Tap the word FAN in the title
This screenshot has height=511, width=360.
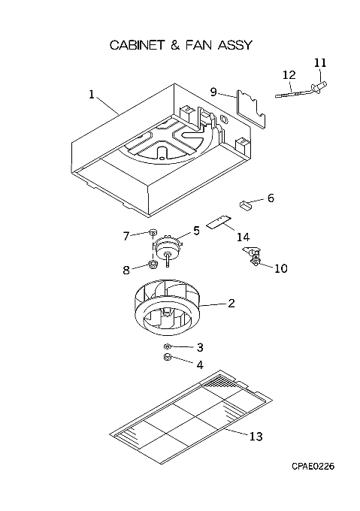coord(198,45)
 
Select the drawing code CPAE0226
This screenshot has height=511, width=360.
coord(313,467)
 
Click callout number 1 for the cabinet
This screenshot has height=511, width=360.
coord(92,95)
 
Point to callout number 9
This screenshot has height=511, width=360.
coord(213,92)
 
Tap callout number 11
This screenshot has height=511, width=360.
coord(320,62)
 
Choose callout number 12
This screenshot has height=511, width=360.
coord(289,75)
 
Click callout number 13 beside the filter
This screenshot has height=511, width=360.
coord(256,436)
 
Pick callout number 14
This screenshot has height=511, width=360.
coord(243,237)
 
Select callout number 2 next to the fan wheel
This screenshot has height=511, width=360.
coord(231,304)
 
